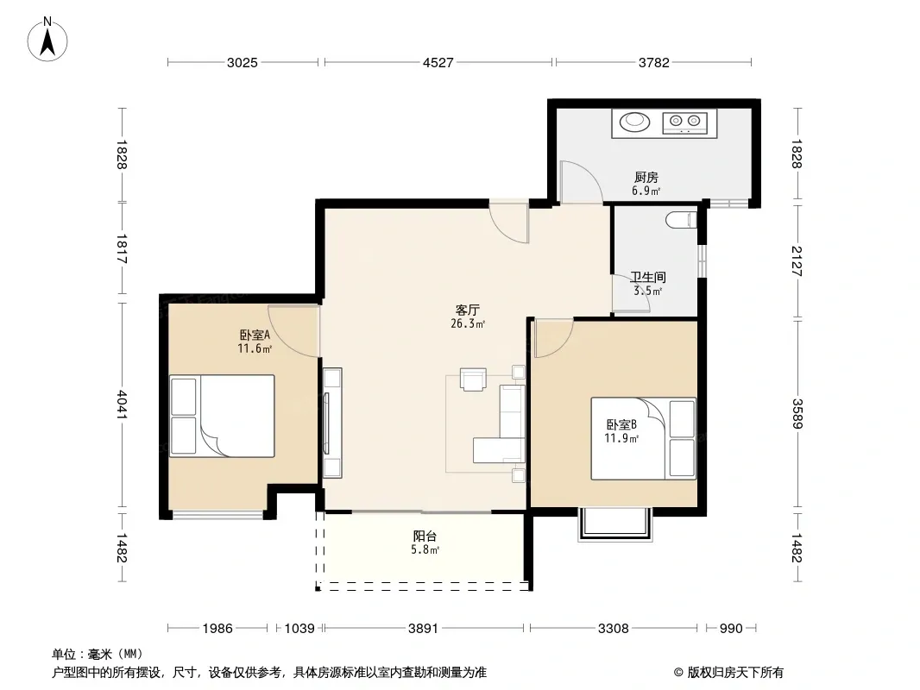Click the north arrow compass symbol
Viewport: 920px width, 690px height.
pyautogui.click(x=47, y=40)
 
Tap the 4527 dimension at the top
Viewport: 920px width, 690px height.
pyautogui.click(x=438, y=62)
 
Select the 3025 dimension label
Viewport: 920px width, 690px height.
pyautogui.click(x=243, y=62)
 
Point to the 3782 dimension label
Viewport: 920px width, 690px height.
pyautogui.click(x=654, y=62)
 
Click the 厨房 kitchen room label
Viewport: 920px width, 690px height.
pyautogui.click(x=646, y=177)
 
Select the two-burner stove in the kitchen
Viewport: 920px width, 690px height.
pyautogui.click(x=685, y=122)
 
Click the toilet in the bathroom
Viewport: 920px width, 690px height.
pyautogui.click(x=681, y=221)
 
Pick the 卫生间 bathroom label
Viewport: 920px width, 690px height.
pyautogui.click(x=648, y=277)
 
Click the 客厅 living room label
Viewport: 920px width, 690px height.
pyautogui.click(x=468, y=310)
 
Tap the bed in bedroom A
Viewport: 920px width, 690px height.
pyautogui.click(x=223, y=416)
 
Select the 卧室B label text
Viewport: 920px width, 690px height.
pyautogui.click(x=621, y=424)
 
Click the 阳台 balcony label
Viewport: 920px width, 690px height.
pyautogui.click(x=425, y=536)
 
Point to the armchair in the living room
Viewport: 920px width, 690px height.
pyautogui.click(x=473, y=379)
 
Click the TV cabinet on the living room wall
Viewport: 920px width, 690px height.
pyautogui.click(x=332, y=423)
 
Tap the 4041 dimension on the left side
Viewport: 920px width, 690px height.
pyautogui.click(x=122, y=405)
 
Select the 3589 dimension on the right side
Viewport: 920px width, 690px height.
pyautogui.click(x=797, y=414)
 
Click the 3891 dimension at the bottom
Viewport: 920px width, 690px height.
pyautogui.click(x=423, y=629)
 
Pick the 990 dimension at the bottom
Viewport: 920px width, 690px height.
pyautogui.click(x=731, y=629)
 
